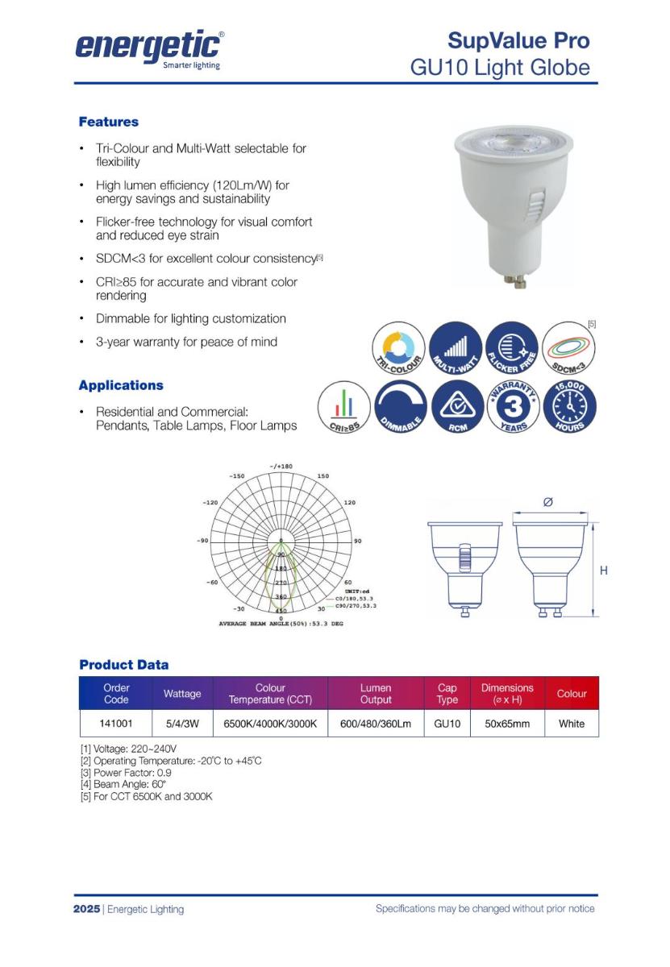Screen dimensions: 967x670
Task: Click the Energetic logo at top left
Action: point(150,48)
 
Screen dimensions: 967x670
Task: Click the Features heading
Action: point(108,122)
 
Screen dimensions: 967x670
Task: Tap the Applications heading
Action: point(121,385)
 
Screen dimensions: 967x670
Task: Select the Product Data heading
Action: point(124,665)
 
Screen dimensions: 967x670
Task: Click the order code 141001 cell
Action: point(116,724)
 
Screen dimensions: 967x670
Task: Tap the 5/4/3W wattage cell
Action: point(182,724)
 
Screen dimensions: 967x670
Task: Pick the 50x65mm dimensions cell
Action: point(507,724)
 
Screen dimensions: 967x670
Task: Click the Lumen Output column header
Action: point(376,694)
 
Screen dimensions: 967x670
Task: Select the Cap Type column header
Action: point(447,694)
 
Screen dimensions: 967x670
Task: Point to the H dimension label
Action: point(603,571)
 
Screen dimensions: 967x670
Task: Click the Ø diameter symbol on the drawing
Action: point(548,502)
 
